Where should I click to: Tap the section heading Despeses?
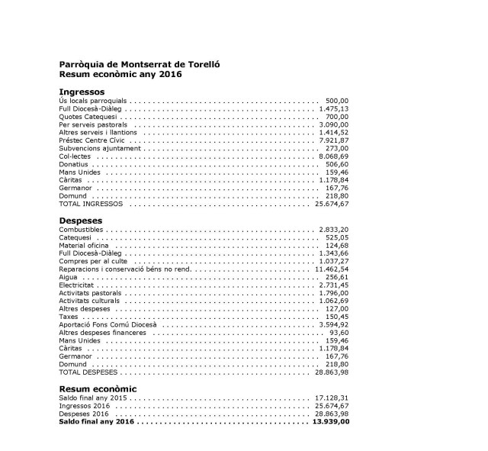tap(80, 221)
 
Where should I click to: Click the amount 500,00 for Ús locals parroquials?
tap(337, 101)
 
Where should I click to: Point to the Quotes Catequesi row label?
tap(87, 117)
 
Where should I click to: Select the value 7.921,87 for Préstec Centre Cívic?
tap(332, 140)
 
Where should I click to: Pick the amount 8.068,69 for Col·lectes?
tap(332, 156)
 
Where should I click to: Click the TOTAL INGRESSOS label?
tap(90, 205)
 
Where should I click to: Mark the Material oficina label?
tap(84, 246)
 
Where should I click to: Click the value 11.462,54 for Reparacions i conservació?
tap(331, 269)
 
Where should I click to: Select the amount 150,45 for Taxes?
tap(336, 317)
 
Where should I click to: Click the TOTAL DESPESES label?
tap(88, 373)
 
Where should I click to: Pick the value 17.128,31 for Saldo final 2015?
tap(331, 398)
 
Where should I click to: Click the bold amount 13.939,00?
tap(331, 422)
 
